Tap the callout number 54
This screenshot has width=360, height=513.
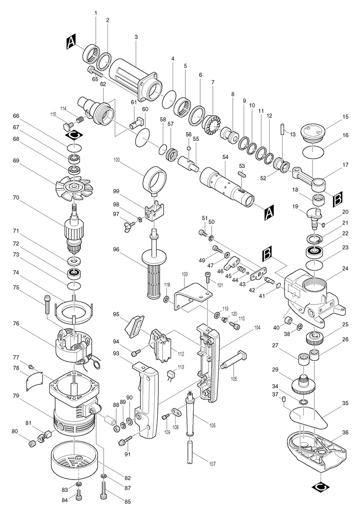click(225, 157)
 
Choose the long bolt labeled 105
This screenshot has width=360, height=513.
click(235, 359)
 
